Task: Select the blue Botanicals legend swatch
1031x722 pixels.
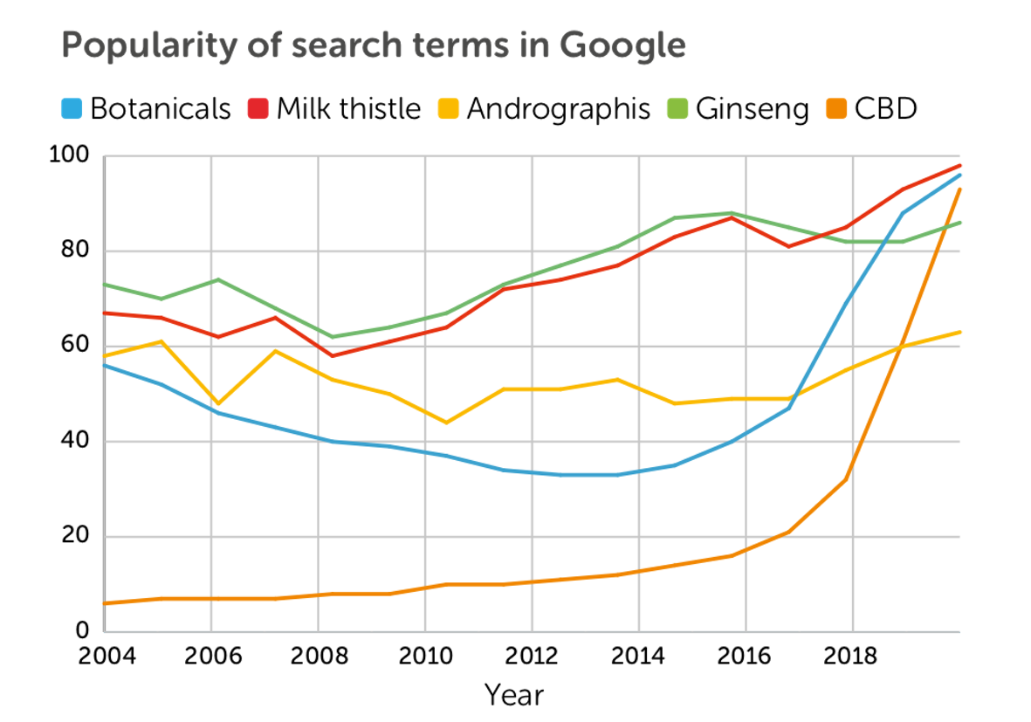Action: pos(72,109)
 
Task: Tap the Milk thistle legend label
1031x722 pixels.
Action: pos(348,109)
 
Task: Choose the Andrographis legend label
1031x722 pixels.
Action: pos(558,109)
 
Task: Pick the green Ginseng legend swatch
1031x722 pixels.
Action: pos(681,109)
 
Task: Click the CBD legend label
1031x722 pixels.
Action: pos(885,109)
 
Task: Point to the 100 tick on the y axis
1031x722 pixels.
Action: pos(71,156)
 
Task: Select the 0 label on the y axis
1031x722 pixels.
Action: pos(83,630)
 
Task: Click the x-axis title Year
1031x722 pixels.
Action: pos(514,696)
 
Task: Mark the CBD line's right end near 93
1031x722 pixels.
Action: pos(959,189)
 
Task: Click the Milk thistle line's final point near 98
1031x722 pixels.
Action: pos(959,166)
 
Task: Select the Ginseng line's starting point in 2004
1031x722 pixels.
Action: pos(104,285)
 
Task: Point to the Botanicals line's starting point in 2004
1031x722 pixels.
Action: pos(104,365)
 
